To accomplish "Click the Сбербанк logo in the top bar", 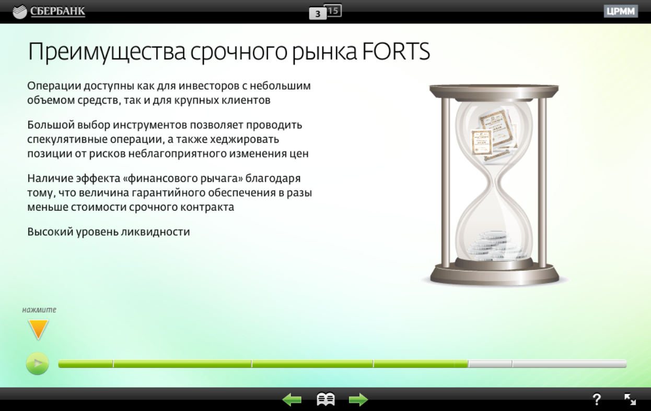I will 50,11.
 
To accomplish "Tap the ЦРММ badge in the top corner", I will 621,11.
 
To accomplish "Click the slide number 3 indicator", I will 316,14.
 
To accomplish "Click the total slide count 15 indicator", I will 333,10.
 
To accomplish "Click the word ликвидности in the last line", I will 158,232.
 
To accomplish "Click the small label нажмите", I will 39,310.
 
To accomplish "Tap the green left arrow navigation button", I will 292,400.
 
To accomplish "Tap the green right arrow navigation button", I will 358,400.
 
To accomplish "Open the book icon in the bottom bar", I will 326,400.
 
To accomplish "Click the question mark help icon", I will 596,400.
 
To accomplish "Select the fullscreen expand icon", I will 631,400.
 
